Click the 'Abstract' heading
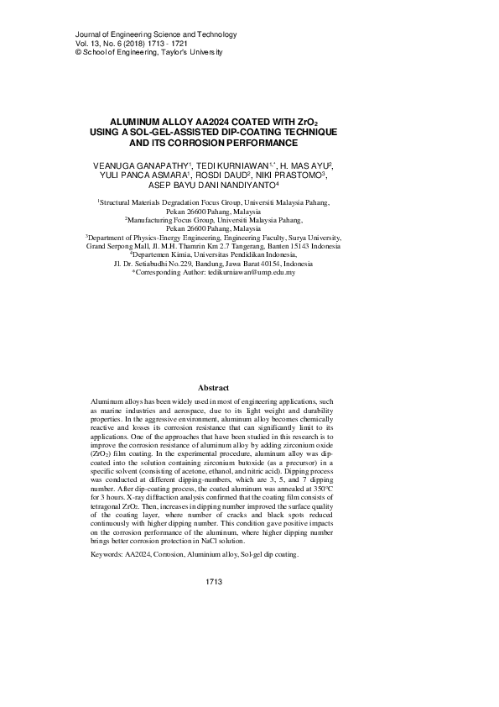[213, 388]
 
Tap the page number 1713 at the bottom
[213, 581]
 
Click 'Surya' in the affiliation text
[301, 238]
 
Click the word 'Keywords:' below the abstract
[106, 555]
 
